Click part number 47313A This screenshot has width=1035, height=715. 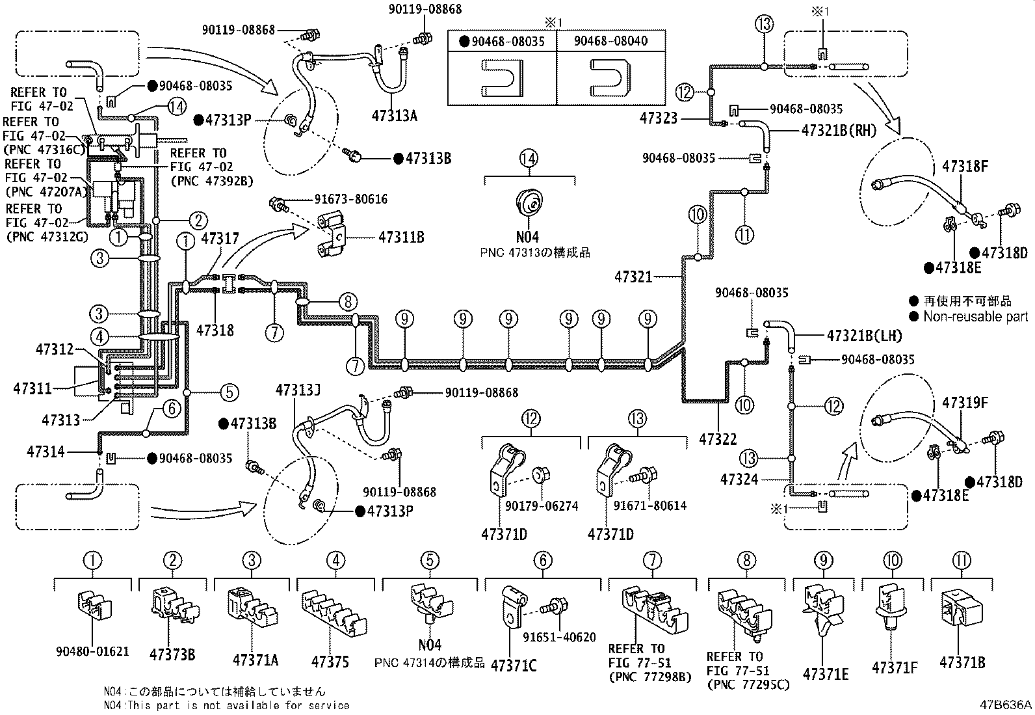pyautogui.click(x=394, y=116)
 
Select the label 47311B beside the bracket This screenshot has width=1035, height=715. pyautogui.click(x=401, y=237)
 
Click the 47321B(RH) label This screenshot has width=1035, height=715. pyautogui.click(x=839, y=130)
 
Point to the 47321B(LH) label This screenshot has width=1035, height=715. pyautogui.click(x=865, y=336)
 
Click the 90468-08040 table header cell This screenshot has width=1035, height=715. pyautogui.click(x=610, y=41)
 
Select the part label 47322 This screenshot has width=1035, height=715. pyautogui.click(x=718, y=439)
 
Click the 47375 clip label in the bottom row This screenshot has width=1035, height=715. pyautogui.click(x=330, y=662)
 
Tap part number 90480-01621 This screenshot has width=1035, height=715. pyautogui.click(x=92, y=651)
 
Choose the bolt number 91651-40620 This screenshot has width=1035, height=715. pyautogui.click(x=559, y=637)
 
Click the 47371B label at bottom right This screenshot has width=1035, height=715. pyautogui.click(x=962, y=663)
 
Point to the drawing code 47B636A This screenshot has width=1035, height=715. pyautogui.click(x=1006, y=705)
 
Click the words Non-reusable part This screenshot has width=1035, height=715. pyautogui.click(x=975, y=317)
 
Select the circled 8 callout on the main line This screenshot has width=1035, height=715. pyautogui.click(x=348, y=302)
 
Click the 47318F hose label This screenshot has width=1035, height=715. pyautogui.click(x=965, y=167)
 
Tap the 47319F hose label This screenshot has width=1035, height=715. pyautogui.click(x=965, y=403)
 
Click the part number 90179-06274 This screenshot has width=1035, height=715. pyautogui.click(x=542, y=506)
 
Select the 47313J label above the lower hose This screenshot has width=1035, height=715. pyautogui.click(x=298, y=390)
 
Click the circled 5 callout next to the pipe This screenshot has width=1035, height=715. pyautogui.click(x=229, y=392)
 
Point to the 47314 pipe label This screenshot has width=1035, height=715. pyautogui.click(x=46, y=452)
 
